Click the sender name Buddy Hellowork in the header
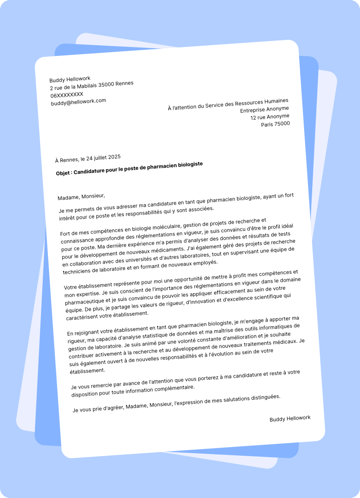70,79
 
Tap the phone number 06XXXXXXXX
67,95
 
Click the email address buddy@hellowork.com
79,102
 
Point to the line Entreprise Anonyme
264,109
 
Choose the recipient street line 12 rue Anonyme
269,117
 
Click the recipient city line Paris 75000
275,124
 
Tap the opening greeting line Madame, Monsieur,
81,196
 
